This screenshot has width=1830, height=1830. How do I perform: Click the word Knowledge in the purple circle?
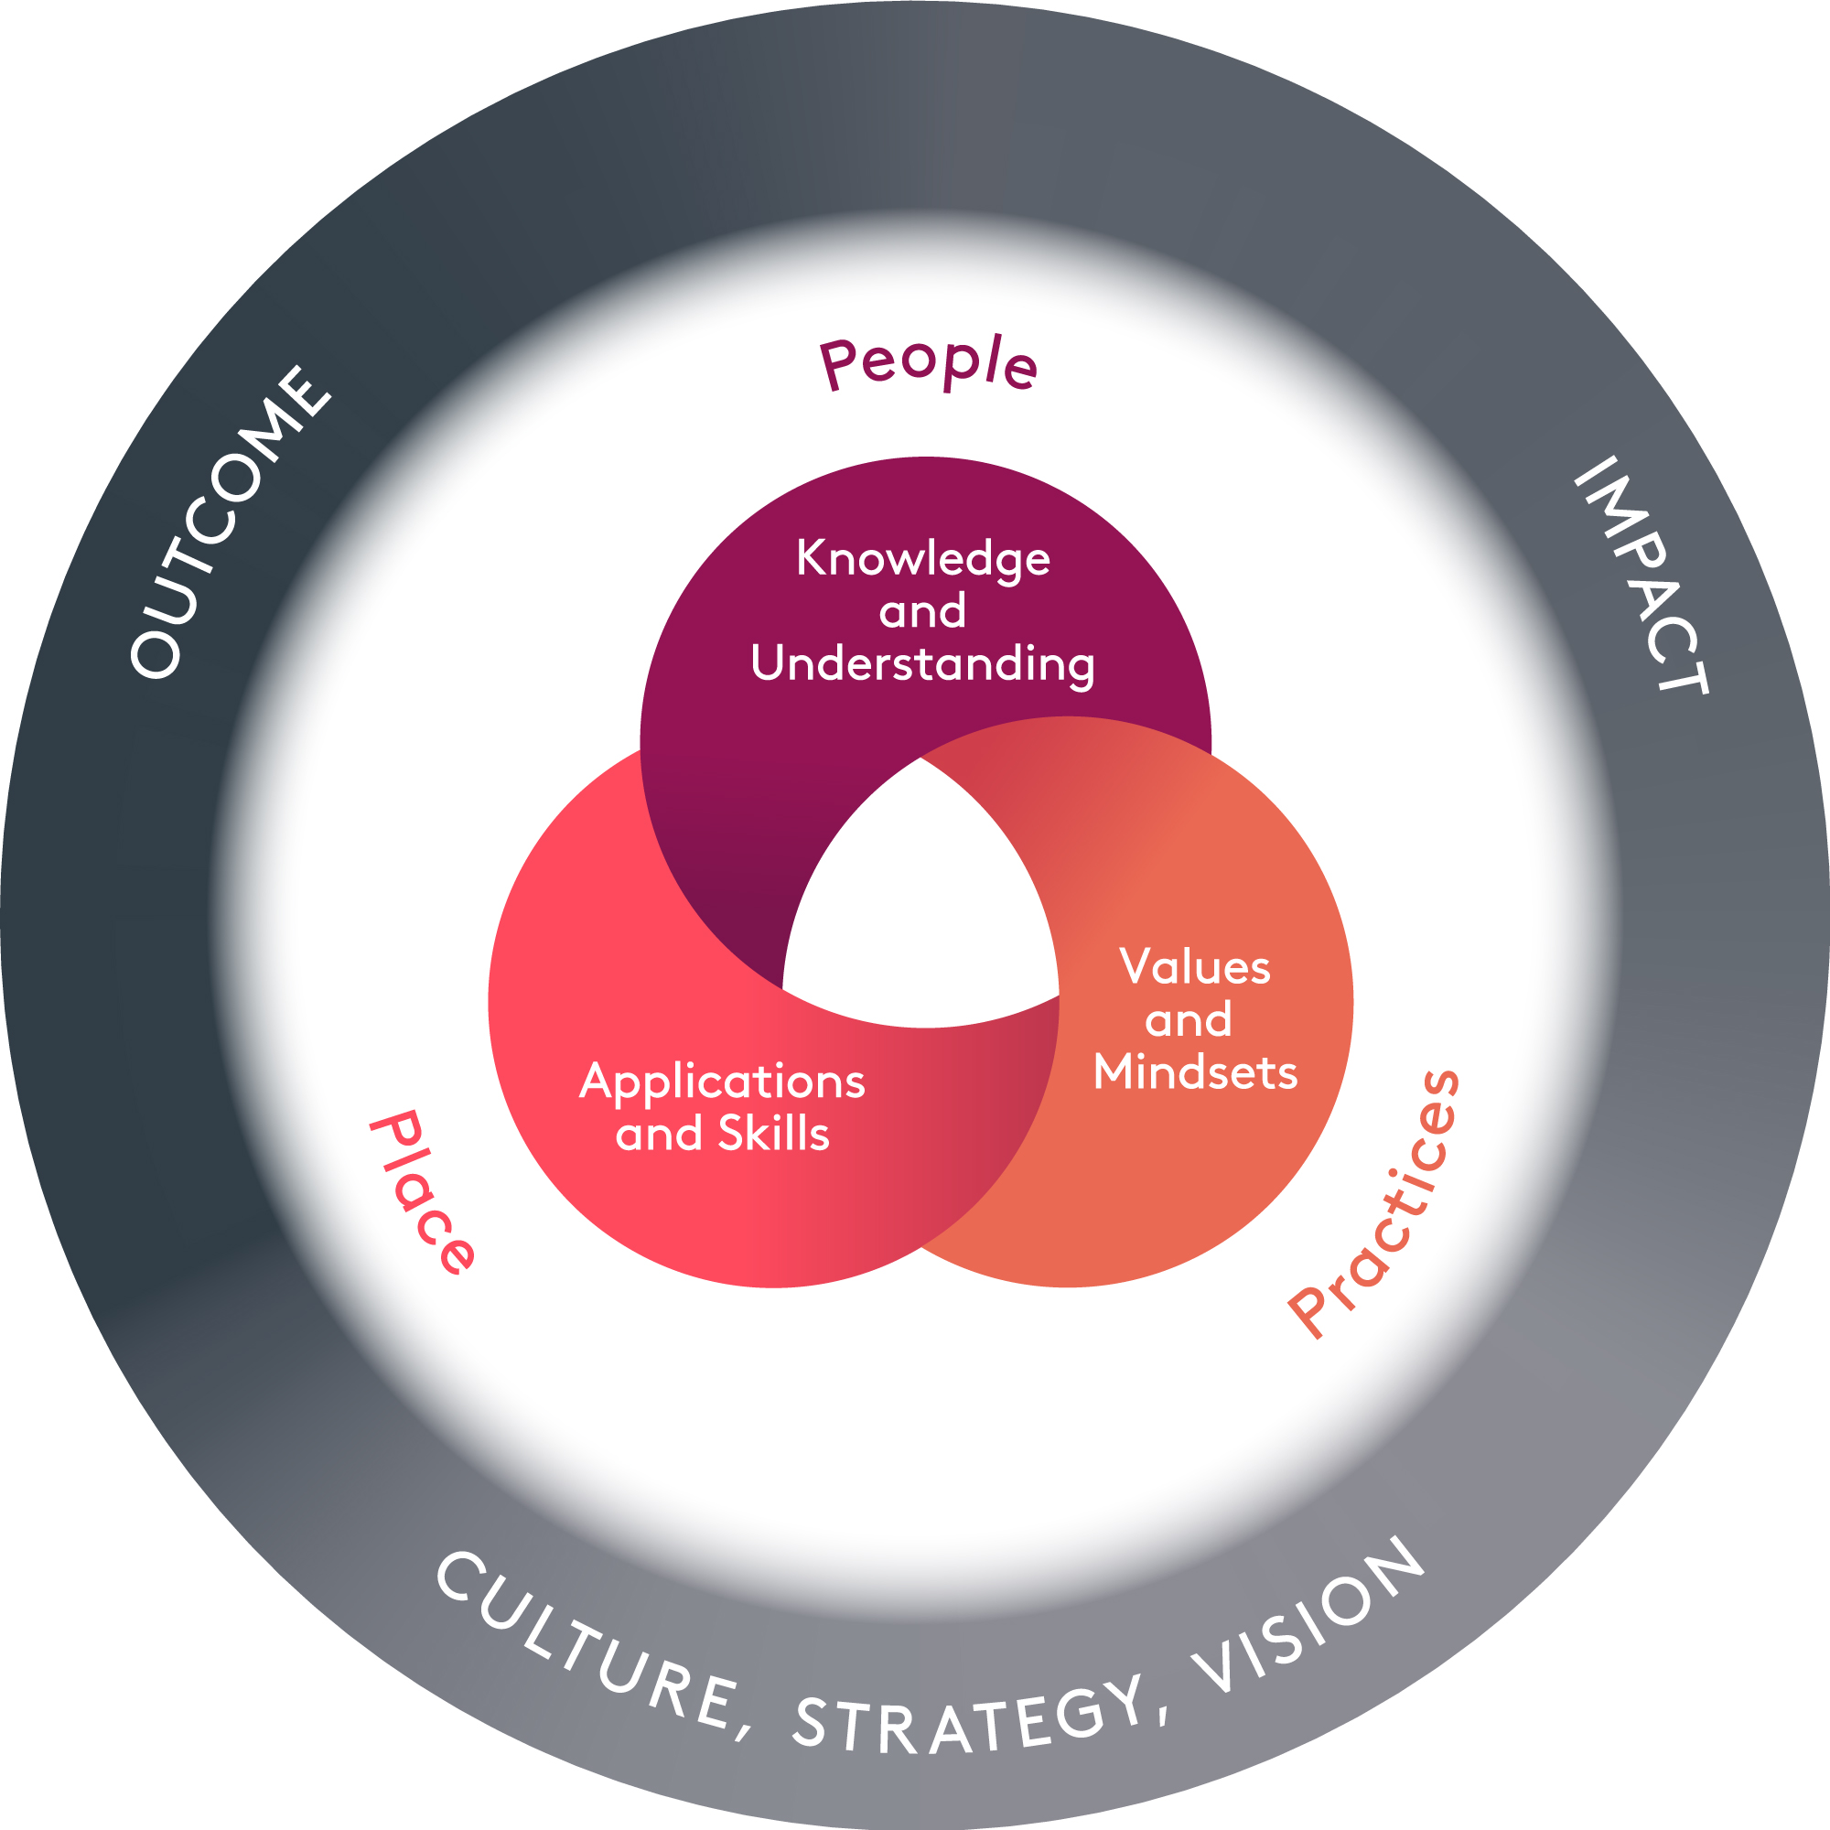(x=922, y=558)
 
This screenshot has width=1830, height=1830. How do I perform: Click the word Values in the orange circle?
(x=1194, y=967)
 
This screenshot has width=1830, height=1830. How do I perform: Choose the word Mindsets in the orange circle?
(x=1194, y=1072)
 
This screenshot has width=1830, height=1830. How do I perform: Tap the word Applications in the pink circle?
(x=722, y=1082)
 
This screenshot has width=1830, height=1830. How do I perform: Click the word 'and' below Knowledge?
(x=922, y=611)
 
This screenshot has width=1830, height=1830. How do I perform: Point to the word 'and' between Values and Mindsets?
(x=1188, y=1020)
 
